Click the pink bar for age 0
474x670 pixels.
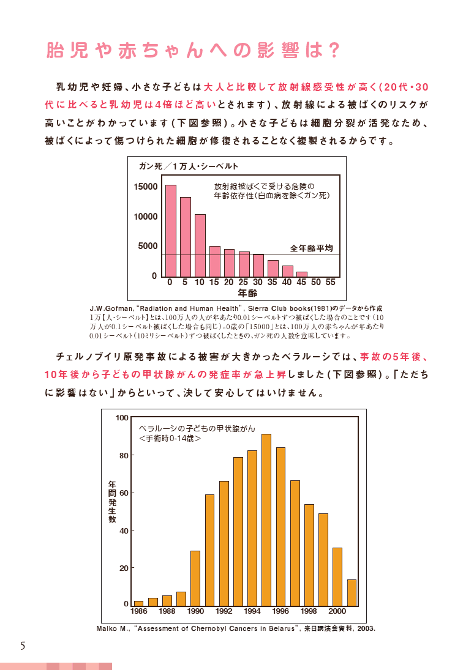(171, 231)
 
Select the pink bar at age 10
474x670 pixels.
(200, 245)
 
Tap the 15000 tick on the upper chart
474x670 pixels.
(146, 186)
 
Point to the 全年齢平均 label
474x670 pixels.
(311, 248)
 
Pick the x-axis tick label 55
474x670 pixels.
(331, 282)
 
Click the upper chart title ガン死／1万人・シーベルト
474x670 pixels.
(189, 166)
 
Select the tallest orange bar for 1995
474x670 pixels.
(266, 519)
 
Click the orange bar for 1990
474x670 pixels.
(195, 578)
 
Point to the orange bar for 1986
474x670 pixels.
(138, 603)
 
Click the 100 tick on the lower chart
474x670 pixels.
(121, 417)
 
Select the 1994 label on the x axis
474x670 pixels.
(252, 611)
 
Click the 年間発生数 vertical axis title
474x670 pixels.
(112, 501)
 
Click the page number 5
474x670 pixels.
(23, 646)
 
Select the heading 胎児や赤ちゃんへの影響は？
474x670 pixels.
(192, 51)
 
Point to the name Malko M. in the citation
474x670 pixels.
(111, 628)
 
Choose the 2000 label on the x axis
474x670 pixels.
(337, 611)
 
